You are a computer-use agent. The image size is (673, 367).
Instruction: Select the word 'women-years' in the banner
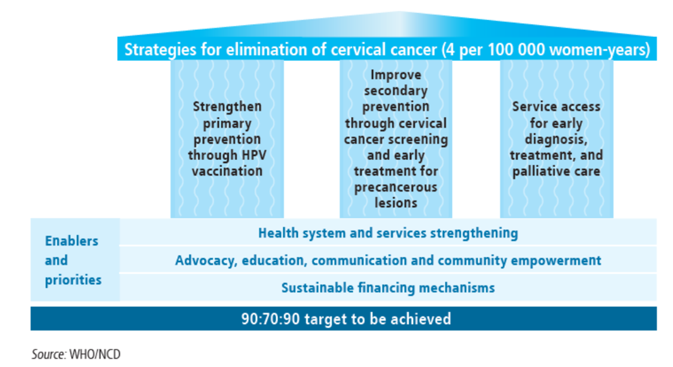pyautogui.click(x=599, y=50)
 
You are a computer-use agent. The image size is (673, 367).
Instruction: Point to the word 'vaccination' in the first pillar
pyautogui.click(x=227, y=171)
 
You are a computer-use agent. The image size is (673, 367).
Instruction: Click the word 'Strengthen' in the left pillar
pyautogui.click(x=227, y=107)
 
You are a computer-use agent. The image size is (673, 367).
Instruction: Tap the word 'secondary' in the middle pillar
pyautogui.click(x=396, y=91)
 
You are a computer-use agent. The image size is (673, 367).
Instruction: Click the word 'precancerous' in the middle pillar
pyautogui.click(x=396, y=187)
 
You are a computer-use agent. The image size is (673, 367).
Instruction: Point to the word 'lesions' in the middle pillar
pyautogui.click(x=396, y=203)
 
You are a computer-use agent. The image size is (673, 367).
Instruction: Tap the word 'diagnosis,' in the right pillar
pyautogui.click(x=556, y=140)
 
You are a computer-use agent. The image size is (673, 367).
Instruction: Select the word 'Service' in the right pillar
pyautogui.click(x=532, y=107)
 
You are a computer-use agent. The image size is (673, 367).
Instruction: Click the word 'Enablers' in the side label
pyautogui.click(x=72, y=241)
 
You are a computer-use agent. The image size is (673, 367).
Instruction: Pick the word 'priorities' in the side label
pyautogui.click(x=74, y=280)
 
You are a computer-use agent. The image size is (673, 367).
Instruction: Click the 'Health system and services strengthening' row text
pyautogui.click(x=388, y=234)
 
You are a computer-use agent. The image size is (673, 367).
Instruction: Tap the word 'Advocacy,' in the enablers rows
pyautogui.click(x=206, y=261)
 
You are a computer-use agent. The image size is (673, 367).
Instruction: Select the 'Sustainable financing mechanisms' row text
pyautogui.click(x=388, y=287)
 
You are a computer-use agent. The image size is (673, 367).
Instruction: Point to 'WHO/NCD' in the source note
pyautogui.click(x=95, y=354)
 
